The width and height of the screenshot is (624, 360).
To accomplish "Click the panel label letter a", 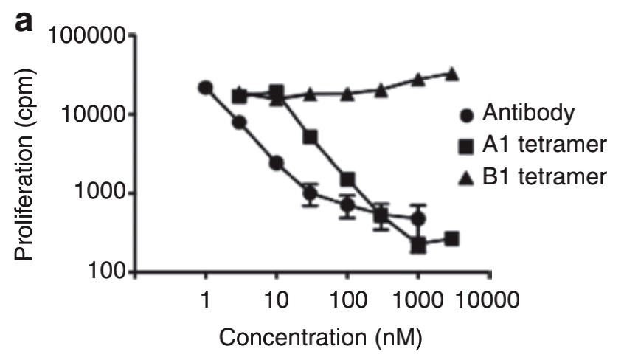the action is coord(24,22).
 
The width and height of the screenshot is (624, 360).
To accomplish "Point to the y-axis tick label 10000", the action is coord(94,114).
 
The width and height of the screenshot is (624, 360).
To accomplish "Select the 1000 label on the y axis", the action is coord(100,193).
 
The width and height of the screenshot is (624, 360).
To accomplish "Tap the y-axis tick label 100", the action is coord(107,271).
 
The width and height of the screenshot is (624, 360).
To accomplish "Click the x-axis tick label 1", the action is coord(205,300).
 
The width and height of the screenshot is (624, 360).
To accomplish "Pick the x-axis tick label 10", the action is coord(276,300).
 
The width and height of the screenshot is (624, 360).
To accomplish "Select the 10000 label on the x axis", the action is coord(487,300).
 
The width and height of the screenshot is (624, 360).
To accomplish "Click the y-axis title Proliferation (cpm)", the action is coord(24,165).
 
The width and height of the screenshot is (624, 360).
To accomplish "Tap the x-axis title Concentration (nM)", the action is coord(320,337).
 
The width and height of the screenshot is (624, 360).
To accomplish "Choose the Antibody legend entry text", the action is coord(529,113).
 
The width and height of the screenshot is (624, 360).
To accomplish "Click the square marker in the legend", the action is coord(466,146).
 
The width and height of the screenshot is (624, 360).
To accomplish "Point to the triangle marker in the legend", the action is coord(466,178).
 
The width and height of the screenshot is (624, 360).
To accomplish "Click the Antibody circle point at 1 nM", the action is coord(205,88).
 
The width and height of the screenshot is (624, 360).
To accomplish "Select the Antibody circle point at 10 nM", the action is coord(276,163).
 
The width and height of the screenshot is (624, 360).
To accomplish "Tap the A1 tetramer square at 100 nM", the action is coord(347,180).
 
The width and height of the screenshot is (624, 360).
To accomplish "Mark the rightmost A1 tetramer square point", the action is coord(451,239).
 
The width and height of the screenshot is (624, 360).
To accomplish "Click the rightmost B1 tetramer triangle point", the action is coord(451,74).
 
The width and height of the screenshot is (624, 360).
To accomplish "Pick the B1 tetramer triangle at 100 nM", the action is coord(347,94).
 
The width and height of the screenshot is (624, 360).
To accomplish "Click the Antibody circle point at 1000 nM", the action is coord(418,218).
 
